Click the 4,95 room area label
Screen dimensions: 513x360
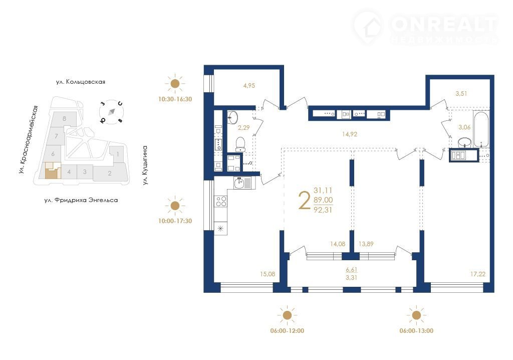[x=249, y=86]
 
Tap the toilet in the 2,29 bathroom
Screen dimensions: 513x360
[x=240, y=144]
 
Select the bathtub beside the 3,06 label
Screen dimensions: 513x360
[x=481, y=129]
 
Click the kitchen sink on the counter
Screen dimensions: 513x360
[x=242, y=183]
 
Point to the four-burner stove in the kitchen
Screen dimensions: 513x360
[x=220, y=201]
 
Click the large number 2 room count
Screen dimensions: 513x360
[x=304, y=201]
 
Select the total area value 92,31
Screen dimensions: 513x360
[x=323, y=210]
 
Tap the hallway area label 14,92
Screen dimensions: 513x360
[x=349, y=134]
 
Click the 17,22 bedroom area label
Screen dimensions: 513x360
[x=477, y=274]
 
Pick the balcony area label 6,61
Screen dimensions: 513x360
[x=351, y=270]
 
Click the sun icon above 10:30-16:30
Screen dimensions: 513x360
[x=175, y=84]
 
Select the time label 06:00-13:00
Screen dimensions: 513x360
[x=416, y=331]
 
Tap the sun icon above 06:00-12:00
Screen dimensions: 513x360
[x=287, y=315]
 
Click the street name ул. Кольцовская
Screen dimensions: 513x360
[x=81, y=82]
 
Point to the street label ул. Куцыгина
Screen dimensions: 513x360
[x=145, y=165]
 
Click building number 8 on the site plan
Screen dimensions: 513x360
[x=65, y=119]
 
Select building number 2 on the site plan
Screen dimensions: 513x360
[x=110, y=173]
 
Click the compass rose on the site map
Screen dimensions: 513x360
[x=112, y=112]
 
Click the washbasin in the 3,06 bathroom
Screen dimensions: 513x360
[x=464, y=142]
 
